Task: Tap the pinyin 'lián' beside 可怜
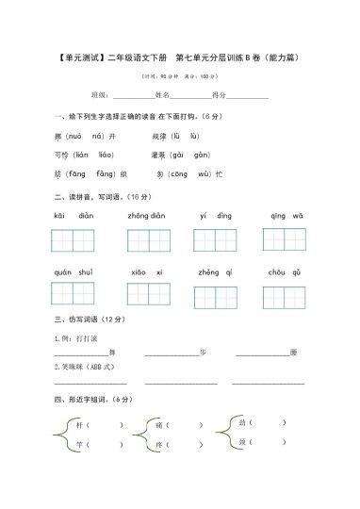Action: (81, 155)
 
